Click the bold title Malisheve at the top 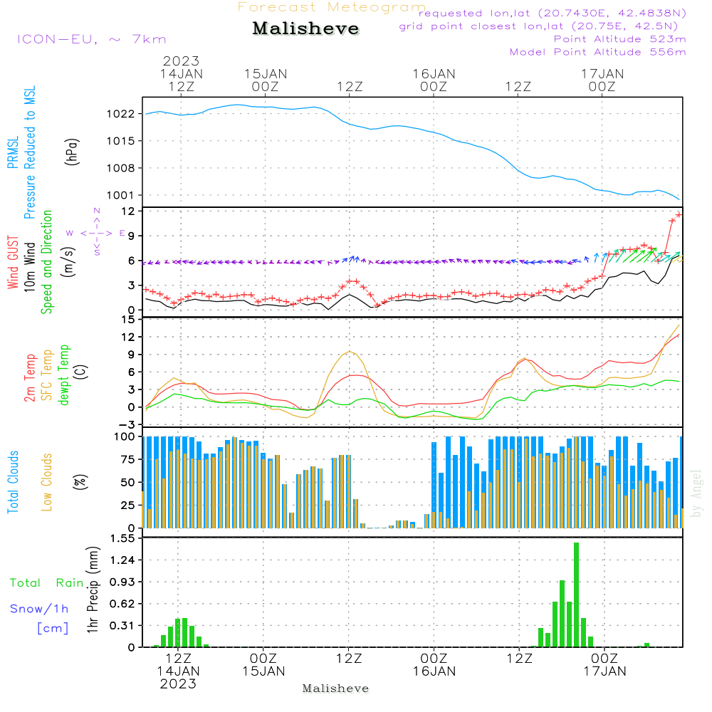(x=305, y=29)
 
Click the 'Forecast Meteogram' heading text (x=332, y=7)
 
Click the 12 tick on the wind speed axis (x=129, y=211)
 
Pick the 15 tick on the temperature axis (x=129, y=319)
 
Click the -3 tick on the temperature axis (x=127, y=424)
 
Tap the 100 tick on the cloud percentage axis (x=125, y=436)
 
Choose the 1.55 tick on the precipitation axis (x=122, y=539)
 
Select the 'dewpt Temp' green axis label (x=65, y=375)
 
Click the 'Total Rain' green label (x=46, y=582)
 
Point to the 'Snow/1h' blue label (x=39, y=609)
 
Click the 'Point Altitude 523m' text (x=619, y=39)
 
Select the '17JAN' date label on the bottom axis (x=604, y=671)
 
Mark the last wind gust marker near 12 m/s (x=679, y=214)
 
